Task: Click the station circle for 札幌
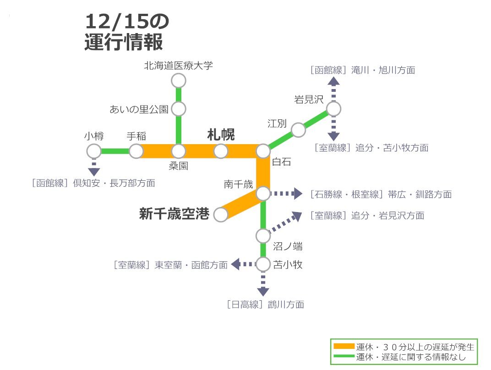(x=221, y=151)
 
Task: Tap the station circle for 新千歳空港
(x=221, y=215)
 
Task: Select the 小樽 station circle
(x=94, y=151)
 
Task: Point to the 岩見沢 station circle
(x=333, y=109)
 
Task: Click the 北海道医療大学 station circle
(x=179, y=81)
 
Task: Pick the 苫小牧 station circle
(x=263, y=264)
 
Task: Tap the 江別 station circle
(x=298, y=130)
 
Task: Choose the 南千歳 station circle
(x=263, y=194)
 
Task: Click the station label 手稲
(x=136, y=136)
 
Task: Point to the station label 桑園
(x=179, y=166)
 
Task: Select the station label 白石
(x=282, y=162)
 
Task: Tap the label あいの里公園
(x=139, y=109)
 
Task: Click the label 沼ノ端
(x=288, y=247)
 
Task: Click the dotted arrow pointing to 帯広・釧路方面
(x=286, y=194)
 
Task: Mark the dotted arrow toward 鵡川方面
(x=263, y=284)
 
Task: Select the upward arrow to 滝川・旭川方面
(x=333, y=89)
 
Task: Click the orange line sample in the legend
(x=344, y=347)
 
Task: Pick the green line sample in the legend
(x=344, y=356)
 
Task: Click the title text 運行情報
(x=124, y=42)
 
